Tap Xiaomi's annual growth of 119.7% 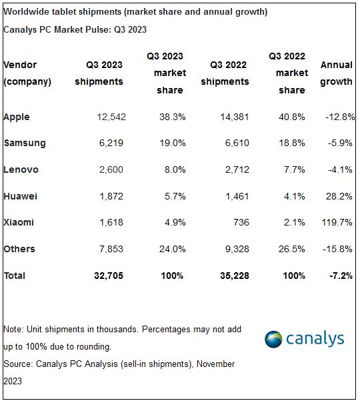pos(336,222)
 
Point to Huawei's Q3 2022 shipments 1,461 pos(235,196)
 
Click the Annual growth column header pos(336,73)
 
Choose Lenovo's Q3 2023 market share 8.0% pos(173,169)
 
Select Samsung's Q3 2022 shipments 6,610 pos(235,143)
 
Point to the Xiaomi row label pos(19,222)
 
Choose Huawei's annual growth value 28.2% pos(338,196)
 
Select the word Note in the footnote pos(13,330)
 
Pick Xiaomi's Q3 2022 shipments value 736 pos(240,222)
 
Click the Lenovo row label pos(21,169)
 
